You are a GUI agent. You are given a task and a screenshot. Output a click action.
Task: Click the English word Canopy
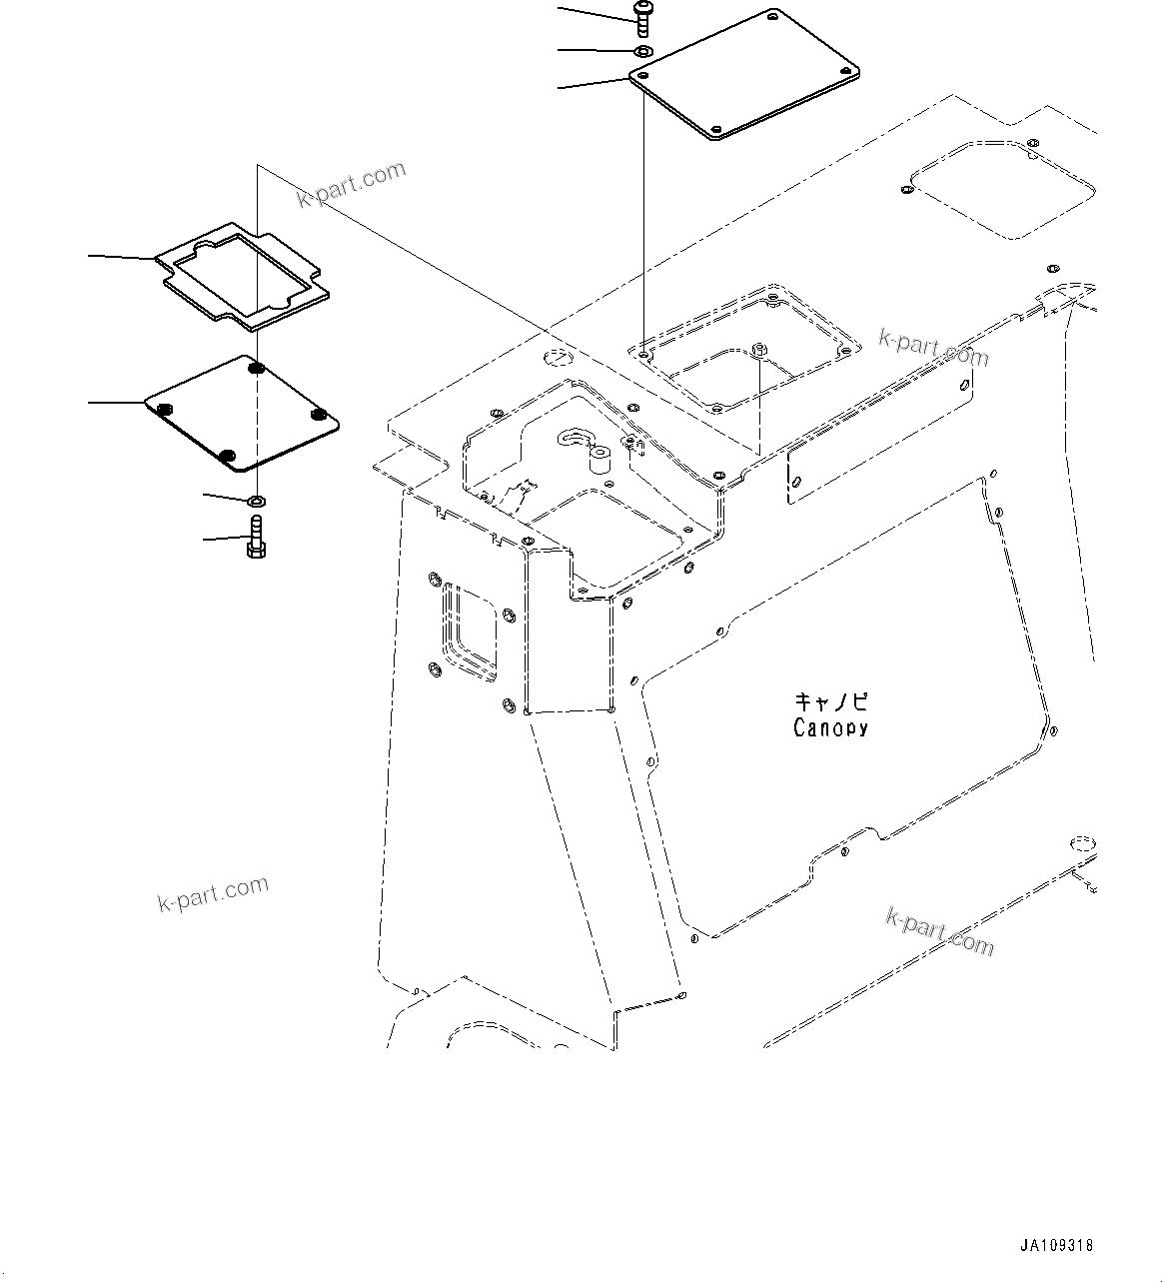pyautogui.click(x=830, y=728)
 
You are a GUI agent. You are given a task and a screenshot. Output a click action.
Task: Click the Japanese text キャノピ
pyautogui.click(x=830, y=702)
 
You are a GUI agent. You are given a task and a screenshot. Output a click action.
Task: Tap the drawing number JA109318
pyautogui.click(x=1056, y=1246)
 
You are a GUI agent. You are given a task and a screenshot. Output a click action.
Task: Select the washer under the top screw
pyautogui.click(x=643, y=50)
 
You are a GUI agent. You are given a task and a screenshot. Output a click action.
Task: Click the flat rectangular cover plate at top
pyautogui.click(x=745, y=74)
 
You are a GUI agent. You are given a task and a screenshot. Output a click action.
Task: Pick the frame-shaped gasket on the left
pyautogui.click(x=243, y=274)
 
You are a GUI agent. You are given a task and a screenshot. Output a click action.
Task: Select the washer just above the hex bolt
pyautogui.click(x=256, y=498)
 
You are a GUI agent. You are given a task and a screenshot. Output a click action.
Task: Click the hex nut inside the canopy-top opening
pyautogui.click(x=758, y=350)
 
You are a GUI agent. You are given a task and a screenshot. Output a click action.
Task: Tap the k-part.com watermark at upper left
pyautogui.click(x=351, y=184)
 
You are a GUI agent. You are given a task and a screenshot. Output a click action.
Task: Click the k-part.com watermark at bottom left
pyautogui.click(x=213, y=893)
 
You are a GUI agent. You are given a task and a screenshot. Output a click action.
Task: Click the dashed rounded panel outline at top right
pyautogui.click(x=999, y=190)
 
